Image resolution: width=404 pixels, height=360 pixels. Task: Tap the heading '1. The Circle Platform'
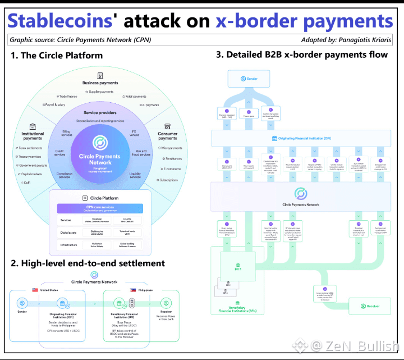tap(57, 55)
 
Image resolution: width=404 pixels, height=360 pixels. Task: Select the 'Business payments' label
tap(100, 83)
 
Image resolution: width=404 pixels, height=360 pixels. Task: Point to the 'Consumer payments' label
tap(168, 135)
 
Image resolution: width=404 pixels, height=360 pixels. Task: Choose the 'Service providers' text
tap(100, 112)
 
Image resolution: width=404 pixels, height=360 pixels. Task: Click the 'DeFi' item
tap(27, 183)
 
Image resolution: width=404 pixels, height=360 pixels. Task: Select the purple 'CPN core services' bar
tap(100, 208)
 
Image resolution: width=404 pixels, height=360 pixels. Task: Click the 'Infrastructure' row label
tap(70, 245)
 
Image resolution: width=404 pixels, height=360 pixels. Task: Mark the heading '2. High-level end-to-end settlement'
tap(88, 263)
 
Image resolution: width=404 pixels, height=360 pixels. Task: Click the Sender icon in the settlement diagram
tap(22, 303)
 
